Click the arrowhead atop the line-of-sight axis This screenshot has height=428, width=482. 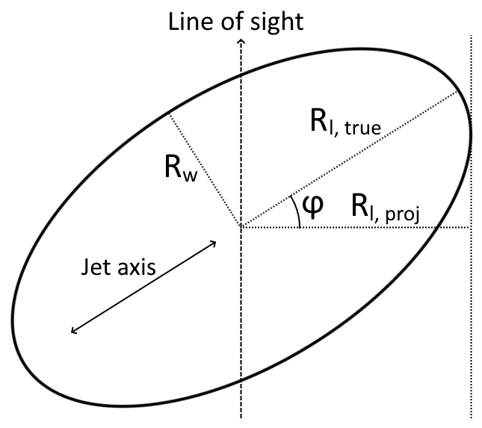click(x=241, y=43)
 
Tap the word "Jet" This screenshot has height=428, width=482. click(x=93, y=268)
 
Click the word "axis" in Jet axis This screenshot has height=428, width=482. click(x=135, y=268)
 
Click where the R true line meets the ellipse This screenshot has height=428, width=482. click(x=457, y=92)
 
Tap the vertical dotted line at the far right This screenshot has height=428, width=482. click(x=471, y=299)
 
